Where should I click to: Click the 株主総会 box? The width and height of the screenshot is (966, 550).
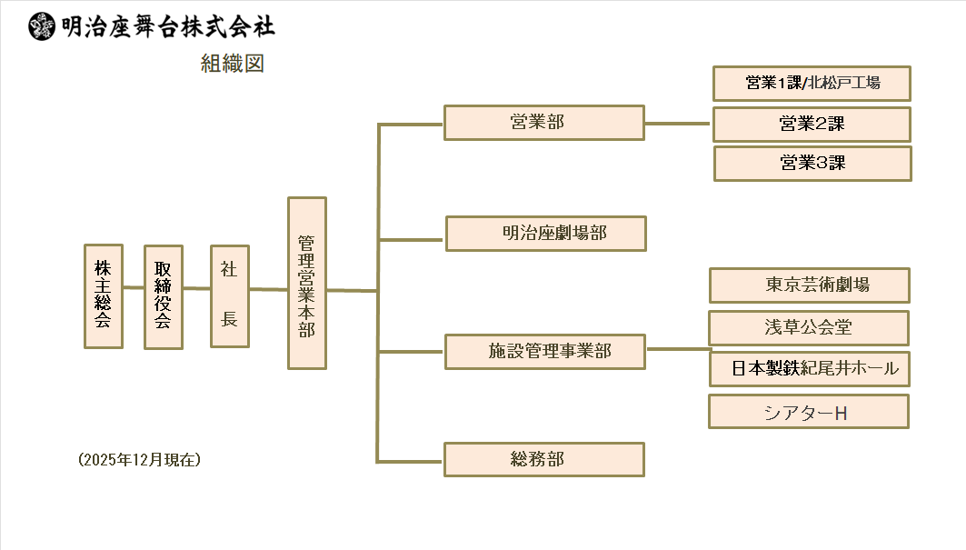coord(103,295)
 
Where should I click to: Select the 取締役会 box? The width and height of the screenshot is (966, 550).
coord(163,296)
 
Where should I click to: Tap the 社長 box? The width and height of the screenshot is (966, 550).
coord(229,295)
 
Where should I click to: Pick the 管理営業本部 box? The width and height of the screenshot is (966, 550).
coord(306,283)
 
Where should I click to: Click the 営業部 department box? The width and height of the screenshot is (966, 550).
coord(543,123)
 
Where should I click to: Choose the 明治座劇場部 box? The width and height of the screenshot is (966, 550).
coord(545,234)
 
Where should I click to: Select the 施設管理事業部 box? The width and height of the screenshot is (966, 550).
coord(544,352)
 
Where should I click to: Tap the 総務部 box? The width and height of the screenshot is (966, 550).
coord(543,459)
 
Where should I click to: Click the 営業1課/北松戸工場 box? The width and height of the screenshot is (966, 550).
coord(812,84)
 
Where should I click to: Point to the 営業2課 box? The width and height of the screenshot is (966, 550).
coord(812,125)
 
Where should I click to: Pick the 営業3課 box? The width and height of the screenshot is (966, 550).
coord(812,164)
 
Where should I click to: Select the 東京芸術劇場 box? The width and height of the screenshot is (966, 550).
coord(809,285)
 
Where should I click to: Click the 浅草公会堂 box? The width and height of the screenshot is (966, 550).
coord(808,328)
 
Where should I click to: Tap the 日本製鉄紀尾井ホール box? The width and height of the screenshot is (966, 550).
coord(809,368)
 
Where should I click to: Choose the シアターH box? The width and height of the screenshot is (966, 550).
coord(808,412)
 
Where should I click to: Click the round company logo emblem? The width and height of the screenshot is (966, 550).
coord(42,26)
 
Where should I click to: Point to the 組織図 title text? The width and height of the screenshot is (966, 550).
coord(233,64)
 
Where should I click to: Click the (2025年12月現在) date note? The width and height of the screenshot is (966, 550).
coord(140,460)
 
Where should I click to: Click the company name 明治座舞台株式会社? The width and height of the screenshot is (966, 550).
coord(168,26)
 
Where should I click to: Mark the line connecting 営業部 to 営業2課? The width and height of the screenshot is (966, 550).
coord(677,124)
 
